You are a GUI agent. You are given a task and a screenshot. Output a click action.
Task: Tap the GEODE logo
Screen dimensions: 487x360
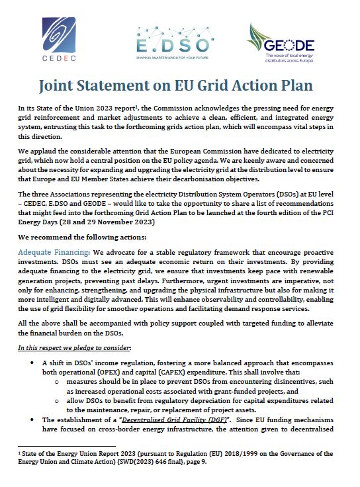tap(281, 42)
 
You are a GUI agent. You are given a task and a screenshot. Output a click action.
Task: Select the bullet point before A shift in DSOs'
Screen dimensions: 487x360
tap(33, 363)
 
